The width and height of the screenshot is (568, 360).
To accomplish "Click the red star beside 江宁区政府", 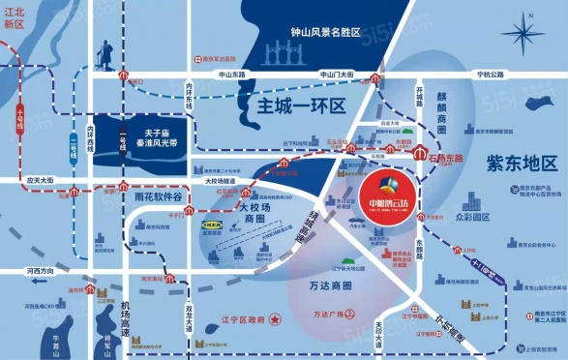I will [x=276, y=317].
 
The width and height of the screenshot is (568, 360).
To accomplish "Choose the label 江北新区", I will [x=13, y=18].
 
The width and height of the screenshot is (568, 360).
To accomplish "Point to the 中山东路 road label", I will [x=232, y=75].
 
